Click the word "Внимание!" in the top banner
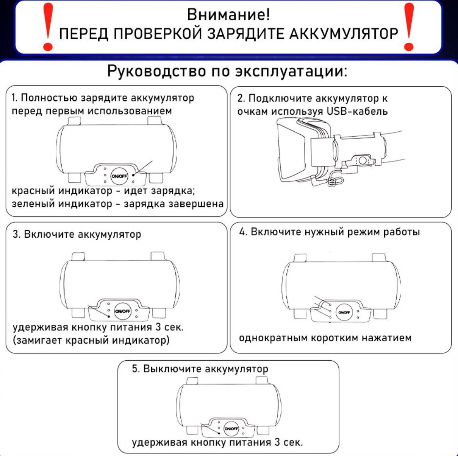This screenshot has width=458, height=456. pos(228,15)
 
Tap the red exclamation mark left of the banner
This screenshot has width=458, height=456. pos(48,27)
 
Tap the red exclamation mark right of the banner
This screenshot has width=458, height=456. pos(409,27)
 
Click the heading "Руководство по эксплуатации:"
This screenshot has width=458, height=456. pos(227,71)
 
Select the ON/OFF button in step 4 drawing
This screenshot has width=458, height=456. pos(344,313)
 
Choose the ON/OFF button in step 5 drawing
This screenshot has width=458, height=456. pos(231,429)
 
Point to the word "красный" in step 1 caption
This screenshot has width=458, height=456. pos(33,191)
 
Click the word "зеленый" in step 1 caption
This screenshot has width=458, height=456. pos(32,204)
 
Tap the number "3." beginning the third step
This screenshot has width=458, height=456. pos(16,234)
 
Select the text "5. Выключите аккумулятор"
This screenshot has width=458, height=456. pos(200,369)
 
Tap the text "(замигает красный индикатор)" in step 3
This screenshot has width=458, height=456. pos(91,340)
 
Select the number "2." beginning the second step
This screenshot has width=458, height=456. pos(241,98)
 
